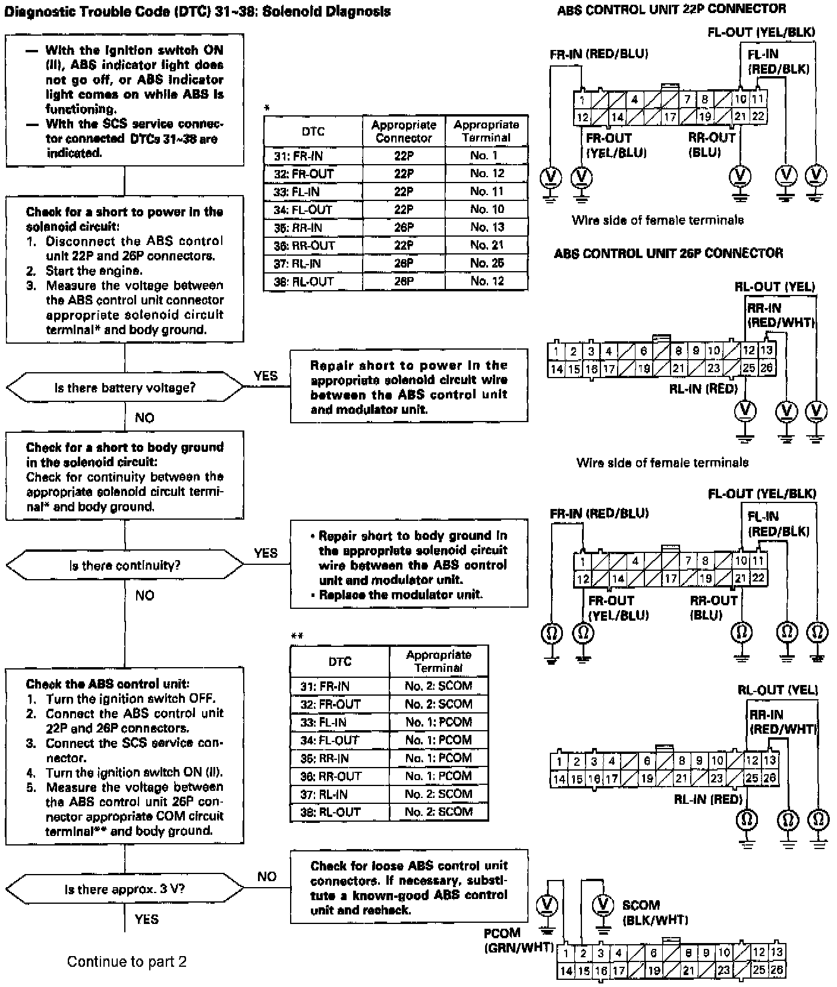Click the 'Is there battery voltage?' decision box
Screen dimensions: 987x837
[x=125, y=388]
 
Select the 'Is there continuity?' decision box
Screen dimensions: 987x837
[x=125, y=565]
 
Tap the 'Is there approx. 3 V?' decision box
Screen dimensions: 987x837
[x=125, y=889]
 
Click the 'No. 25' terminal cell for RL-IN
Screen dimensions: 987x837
[x=487, y=263]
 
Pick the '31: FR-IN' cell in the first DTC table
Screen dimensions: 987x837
[x=313, y=156]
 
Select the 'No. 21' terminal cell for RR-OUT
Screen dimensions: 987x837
[x=487, y=245]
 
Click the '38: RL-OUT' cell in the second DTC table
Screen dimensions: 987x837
[x=339, y=812]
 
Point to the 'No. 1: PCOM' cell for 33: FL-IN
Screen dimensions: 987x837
[x=439, y=722]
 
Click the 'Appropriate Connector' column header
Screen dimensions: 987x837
[x=404, y=131]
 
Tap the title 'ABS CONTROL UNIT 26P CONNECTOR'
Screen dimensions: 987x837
[x=668, y=253]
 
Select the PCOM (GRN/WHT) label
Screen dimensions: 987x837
[x=518, y=940]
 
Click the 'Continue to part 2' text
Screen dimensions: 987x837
[x=127, y=961]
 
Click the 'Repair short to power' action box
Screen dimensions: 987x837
[x=409, y=387]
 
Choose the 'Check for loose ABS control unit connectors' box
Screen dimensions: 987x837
[x=409, y=888]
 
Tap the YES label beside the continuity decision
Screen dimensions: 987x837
[x=265, y=553]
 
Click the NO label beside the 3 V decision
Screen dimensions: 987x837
[x=267, y=876]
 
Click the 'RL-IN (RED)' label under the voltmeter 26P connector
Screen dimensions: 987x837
[x=706, y=389]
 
